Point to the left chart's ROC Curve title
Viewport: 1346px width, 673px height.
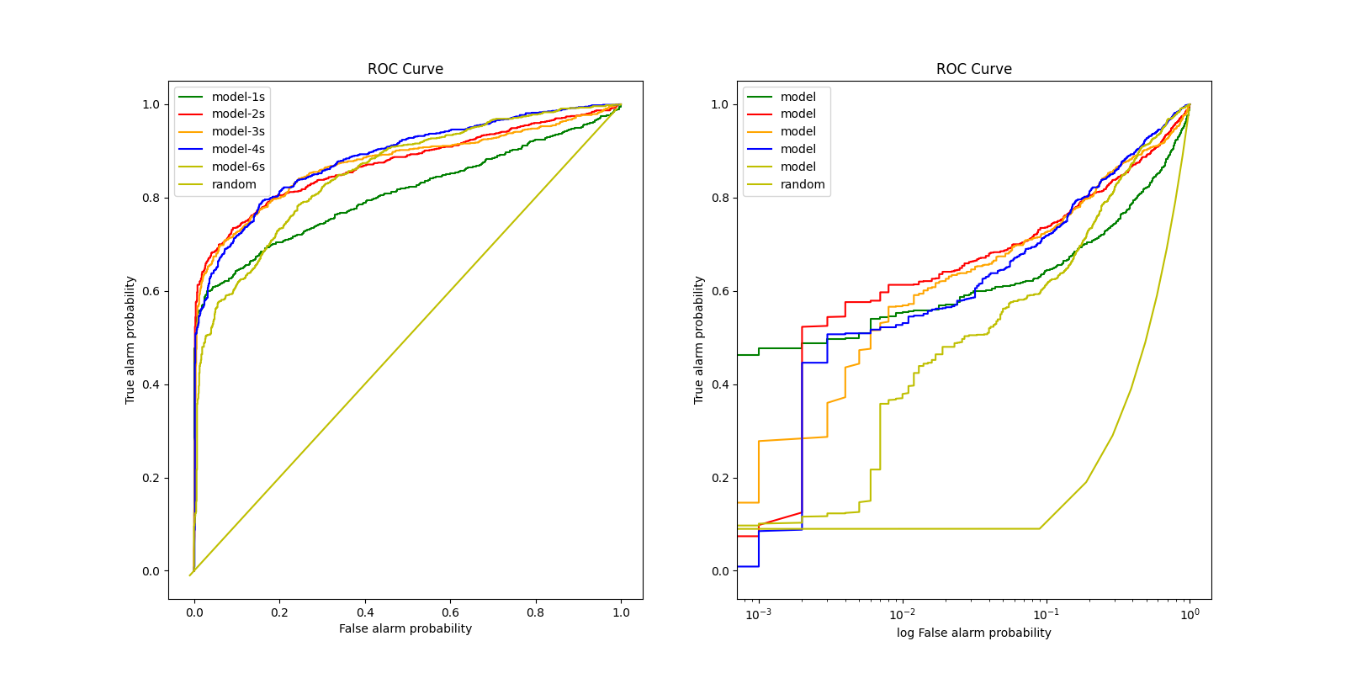[405, 69]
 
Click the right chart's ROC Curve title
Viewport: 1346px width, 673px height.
[974, 69]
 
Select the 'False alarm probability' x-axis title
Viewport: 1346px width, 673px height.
[405, 628]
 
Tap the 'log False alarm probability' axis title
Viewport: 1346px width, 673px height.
[974, 633]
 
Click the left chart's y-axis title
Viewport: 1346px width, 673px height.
[130, 340]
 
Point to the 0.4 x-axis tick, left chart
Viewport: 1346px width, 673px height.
[365, 612]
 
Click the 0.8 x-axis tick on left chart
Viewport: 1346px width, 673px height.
[536, 612]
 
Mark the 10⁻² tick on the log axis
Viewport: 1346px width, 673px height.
[903, 614]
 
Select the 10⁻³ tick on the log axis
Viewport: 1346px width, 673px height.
[759, 614]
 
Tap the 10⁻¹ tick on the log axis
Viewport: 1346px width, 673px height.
[1047, 614]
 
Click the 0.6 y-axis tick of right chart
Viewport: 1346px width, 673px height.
[720, 291]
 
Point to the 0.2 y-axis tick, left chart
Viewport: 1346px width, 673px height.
[151, 478]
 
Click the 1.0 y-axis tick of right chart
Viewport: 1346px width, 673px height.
[720, 104]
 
